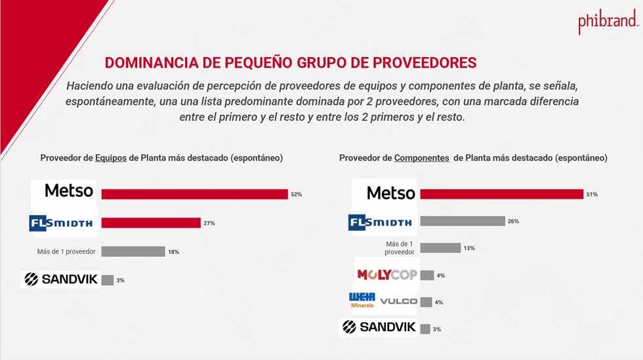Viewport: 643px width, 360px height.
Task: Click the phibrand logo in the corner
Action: coord(608,23)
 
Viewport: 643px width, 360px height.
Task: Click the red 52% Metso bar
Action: coord(194,194)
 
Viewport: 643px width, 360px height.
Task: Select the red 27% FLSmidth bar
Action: coord(150,223)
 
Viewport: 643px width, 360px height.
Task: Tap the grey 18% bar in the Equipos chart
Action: coord(133,252)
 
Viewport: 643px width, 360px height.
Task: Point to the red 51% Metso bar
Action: coord(501,194)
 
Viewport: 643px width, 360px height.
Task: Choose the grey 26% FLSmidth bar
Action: coord(462,222)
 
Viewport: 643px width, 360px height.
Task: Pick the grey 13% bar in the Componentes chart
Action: coord(440,248)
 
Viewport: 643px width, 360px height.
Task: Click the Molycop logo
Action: coord(386,275)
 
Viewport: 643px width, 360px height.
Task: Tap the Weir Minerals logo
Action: coord(362,300)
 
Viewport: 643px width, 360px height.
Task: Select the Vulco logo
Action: coord(398,302)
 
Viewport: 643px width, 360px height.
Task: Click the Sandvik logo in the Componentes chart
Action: coord(378,327)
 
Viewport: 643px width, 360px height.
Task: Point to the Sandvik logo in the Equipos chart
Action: coord(60,279)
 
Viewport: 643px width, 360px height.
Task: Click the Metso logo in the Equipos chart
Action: coord(68,191)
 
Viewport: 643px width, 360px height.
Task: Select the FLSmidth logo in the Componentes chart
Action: coord(380,222)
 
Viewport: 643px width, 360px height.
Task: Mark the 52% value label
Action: coord(296,195)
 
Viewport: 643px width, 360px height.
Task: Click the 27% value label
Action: coord(209,224)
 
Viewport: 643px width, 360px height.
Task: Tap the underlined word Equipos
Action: coord(111,158)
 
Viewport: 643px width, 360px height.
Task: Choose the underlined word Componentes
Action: coord(421,158)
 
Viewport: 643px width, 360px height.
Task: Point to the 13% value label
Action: coord(469,249)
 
